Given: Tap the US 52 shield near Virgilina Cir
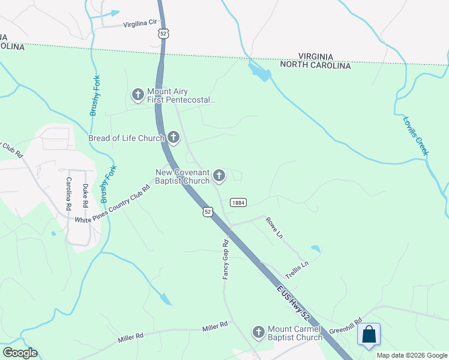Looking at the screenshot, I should [163, 34].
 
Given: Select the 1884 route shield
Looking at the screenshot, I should [238, 203].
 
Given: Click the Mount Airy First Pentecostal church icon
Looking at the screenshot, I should [137, 94].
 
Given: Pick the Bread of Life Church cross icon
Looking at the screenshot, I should [173, 138].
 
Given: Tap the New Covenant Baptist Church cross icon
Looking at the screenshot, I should [219, 176].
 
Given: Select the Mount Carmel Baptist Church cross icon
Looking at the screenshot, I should [259, 332].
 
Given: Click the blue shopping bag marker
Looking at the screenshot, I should [369, 335].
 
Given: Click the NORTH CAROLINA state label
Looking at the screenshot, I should [315, 65].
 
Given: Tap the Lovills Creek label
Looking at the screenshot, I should [416, 136].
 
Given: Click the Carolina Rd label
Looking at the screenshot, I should [69, 194].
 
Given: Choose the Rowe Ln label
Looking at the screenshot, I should [274, 228].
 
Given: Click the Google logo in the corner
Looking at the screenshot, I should [20, 353].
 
